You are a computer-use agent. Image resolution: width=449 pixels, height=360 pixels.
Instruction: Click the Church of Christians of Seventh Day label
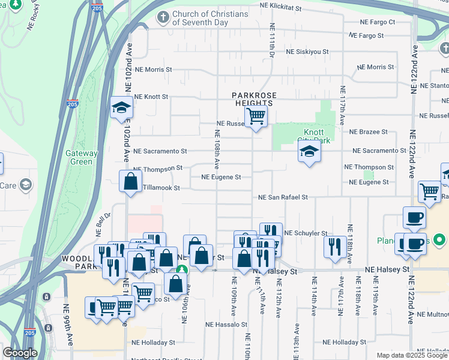pyautogui.click(x=201, y=18)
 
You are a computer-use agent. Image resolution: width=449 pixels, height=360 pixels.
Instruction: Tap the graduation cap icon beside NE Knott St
pyautogui.click(x=121, y=108)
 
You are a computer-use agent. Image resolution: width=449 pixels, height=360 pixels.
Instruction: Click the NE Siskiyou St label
pyautogui.click(x=307, y=52)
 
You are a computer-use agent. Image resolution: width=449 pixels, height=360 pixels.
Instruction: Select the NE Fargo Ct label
pyautogui.click(x=377, y=22)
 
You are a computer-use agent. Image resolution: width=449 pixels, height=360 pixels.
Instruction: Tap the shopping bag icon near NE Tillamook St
pyautogui.click(x=130, y=181)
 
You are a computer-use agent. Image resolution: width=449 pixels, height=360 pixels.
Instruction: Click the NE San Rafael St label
pyautogui.click(x=283, y=197)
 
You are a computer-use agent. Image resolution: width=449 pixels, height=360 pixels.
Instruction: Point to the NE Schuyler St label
pyautogui.click(x=306, y=233)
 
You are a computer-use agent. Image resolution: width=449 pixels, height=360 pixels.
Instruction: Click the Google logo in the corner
pyautogui.click(x=20, y=353)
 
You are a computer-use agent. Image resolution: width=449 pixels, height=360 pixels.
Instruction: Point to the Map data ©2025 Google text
pyautogui.click(x=412, y=355)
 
